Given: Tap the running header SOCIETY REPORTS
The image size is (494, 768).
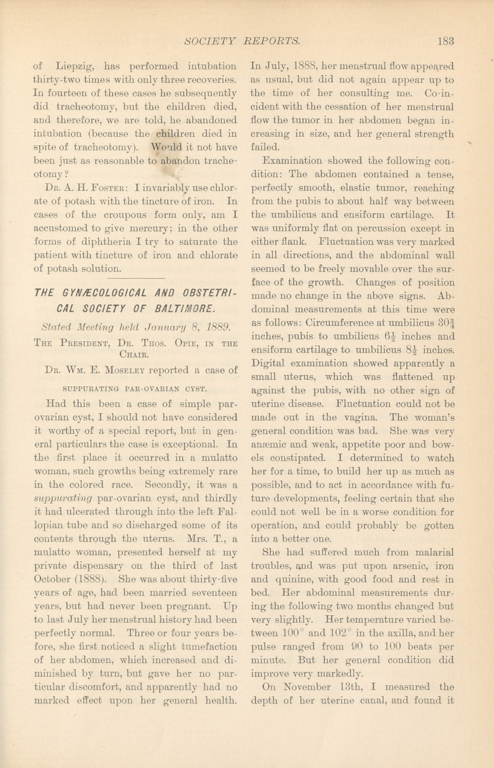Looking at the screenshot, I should (x=243, y=41).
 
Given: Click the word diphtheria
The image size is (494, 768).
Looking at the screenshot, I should (x=106, y=242).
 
